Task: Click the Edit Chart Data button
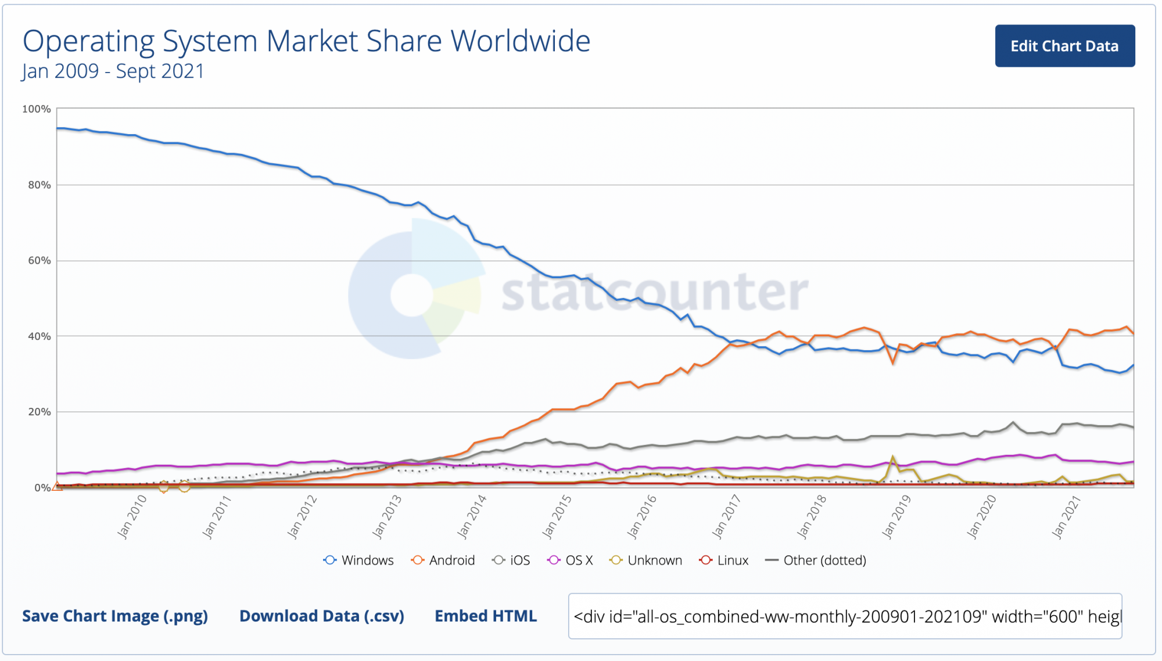click(x=1064, y=46)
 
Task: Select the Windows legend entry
click(x=359, y=561)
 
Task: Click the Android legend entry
click(x=443, y=561)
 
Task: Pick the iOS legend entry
click(x=511, y=561)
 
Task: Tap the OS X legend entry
click(x=571, y=561)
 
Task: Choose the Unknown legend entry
click(x=646, y=561)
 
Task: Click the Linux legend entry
click(x=725, y=561)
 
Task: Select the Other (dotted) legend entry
click(x=816, y=561)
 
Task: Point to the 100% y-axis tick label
click(x=37, y=109)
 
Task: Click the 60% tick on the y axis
click(x=40, y=261)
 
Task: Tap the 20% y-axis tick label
click(x=40, y=412)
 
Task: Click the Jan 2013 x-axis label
click(x=387, y=516)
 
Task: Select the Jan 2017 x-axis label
click(x=726, y=516)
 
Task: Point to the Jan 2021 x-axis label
click(x=1066, y=516)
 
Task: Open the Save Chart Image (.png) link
click(x=115, y=616)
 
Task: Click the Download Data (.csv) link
click(x=322, y=616)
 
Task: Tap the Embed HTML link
click(x=486, y=616)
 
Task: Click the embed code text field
click(x=845, y=616)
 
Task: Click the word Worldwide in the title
click(x=521, y=41)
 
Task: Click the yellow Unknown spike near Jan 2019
click(x=893, y=458)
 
